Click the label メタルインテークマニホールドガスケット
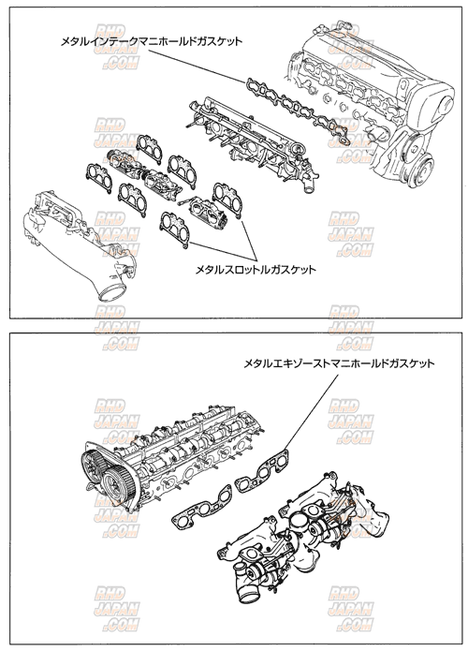152,41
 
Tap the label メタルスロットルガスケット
256,270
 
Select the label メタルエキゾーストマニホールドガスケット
339,364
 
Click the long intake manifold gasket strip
297,111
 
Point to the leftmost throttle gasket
99,178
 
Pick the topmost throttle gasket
149,150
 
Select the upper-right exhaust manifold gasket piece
262,469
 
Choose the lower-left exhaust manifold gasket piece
202,508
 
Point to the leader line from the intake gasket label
197,66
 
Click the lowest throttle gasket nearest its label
175,229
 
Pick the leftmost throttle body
124,162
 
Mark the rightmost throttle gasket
227,200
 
